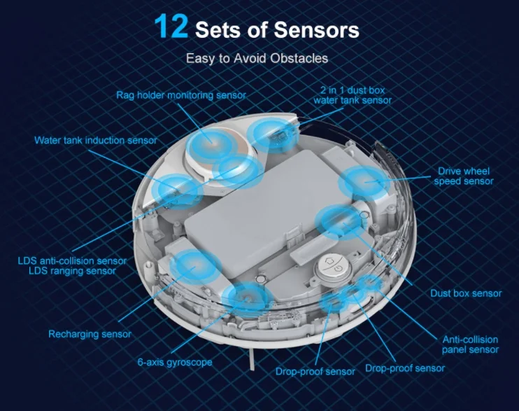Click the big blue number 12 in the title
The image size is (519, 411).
point(171,26)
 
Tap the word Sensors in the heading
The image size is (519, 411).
point(316,30)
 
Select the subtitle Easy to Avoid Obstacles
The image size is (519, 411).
point(257,58)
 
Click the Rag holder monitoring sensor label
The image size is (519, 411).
point(181,95)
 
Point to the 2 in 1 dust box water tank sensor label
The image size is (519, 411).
point(353,95)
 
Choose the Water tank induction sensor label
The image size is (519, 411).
point(96,140)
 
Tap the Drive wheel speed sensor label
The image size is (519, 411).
point(463,176)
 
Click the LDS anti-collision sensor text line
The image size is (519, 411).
point(72,261)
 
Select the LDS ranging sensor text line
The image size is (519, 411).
point(72,271)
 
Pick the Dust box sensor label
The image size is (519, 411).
point(466,293)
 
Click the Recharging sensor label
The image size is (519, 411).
point(90,334)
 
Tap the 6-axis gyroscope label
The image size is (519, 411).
point(175,362)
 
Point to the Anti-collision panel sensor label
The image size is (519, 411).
point(470,344)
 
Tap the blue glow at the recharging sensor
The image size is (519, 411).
point(195,266)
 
